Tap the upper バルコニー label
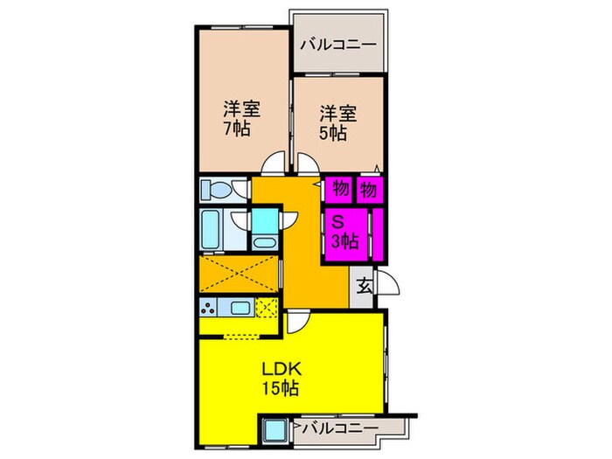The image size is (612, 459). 337,45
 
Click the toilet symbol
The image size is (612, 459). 215,189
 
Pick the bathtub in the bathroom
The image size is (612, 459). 213,232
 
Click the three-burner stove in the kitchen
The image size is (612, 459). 211,307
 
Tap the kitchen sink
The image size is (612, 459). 241,307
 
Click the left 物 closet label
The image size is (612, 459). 339,188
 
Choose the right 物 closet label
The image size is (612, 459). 368,188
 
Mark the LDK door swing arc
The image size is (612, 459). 298,322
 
